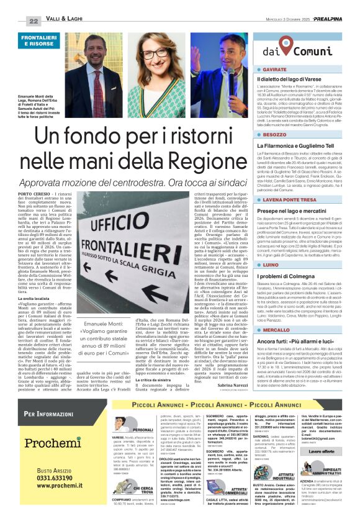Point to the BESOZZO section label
pyautogui.click(x=273, y=134)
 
